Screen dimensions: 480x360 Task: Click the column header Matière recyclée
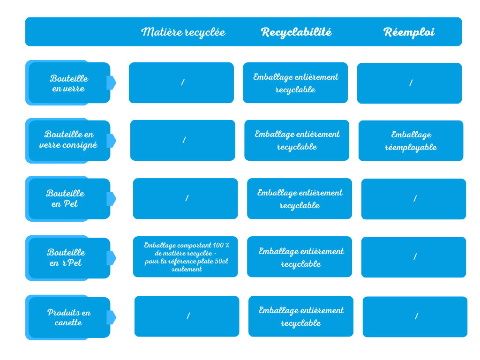click(183, 32)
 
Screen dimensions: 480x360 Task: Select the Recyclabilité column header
click(296, 32)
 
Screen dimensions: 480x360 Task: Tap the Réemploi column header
click(409, 32)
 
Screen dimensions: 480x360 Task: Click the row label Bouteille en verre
click(69, 83)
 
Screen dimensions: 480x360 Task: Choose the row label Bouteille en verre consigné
click(68, 140)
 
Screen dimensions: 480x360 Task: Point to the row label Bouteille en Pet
click(65, 198)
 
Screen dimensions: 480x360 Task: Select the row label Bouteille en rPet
click(66, 257)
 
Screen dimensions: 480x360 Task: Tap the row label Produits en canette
click(69, 317)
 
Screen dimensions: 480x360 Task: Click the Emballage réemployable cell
click(411, 141)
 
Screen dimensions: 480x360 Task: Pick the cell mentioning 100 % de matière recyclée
click(186, 257)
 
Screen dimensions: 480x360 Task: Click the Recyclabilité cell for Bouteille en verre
click(295, 82)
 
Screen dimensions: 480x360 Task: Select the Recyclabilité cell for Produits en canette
click(301, 316)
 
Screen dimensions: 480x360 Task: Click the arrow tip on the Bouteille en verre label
click(116, 82)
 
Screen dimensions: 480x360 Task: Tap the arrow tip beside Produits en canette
click(116, 317)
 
